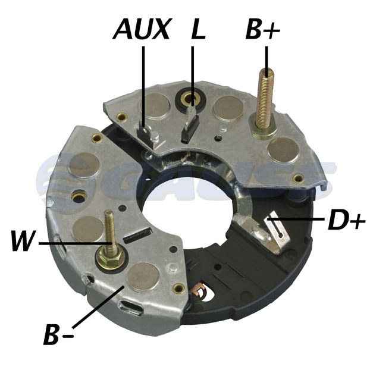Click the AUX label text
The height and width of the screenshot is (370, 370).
142,29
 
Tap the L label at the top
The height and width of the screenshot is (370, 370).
197,29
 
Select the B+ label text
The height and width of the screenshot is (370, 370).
263,29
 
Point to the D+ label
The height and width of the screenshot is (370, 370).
346,220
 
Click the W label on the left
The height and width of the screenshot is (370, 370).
24,240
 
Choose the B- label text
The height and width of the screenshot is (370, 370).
58,334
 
